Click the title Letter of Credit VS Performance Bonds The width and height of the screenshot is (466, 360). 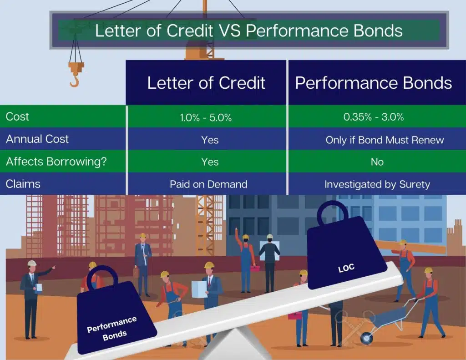point(248,30)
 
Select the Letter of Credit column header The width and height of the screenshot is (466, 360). point(206,83)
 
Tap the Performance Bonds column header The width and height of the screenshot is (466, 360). point(373,83)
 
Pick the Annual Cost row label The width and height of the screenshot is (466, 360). point(37,139)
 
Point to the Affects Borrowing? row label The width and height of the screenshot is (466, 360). point(56,162)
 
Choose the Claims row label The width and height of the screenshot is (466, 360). point(23,184)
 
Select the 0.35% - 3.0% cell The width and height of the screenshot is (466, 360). point(373,117)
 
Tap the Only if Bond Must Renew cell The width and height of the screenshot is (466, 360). point(385,140)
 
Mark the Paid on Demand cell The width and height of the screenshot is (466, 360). point(208,184)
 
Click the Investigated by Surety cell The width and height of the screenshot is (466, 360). point(378,184)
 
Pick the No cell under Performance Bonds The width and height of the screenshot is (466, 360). point(377,162)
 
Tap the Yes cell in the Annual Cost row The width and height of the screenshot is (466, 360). point(210,140)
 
